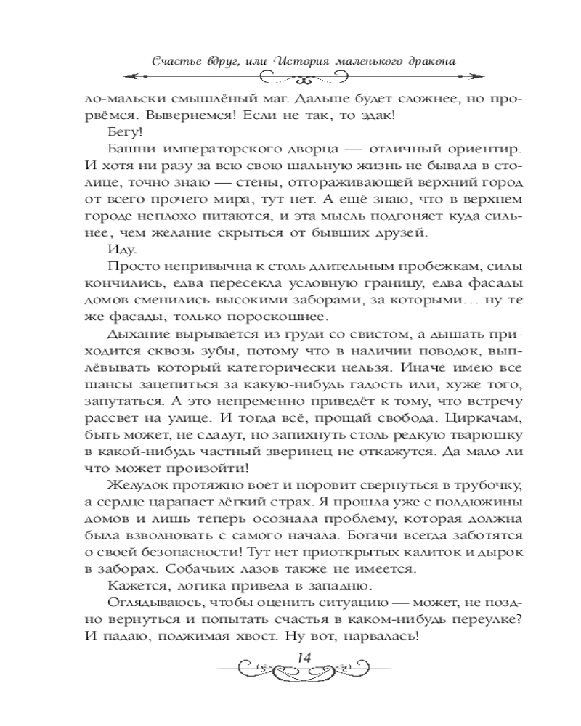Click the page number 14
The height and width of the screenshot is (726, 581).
tap(304, 657)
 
